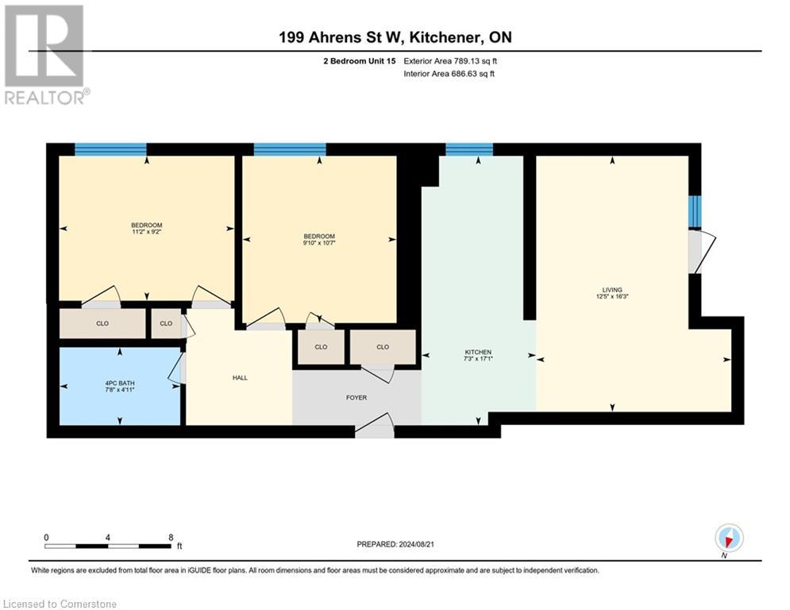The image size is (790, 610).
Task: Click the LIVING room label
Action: (x=611, y=290)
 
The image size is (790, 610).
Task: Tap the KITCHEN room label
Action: (x=478, y=352)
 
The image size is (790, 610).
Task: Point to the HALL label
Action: (x=239, y=377)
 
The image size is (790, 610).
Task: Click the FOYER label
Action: (x=356, y=397)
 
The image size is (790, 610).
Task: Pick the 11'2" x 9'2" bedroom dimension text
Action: (x=146, y=232)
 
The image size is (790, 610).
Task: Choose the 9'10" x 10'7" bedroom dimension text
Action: (x=319, y=243)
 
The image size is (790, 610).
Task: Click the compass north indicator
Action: (x=727, y=539)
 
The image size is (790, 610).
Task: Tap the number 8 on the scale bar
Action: (x=171, y=537)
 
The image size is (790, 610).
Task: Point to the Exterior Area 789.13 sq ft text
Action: (x=450, y=60)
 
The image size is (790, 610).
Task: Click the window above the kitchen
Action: (x=468, y=149)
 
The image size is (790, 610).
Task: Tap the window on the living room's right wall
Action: (x=694, y=210)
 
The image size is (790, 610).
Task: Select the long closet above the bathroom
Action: (x=102, y=324)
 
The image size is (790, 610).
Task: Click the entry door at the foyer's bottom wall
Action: (x=374, y=426)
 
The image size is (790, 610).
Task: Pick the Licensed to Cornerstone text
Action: (x=60, y=604)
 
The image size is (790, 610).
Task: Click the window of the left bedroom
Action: (x=110, y=149)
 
